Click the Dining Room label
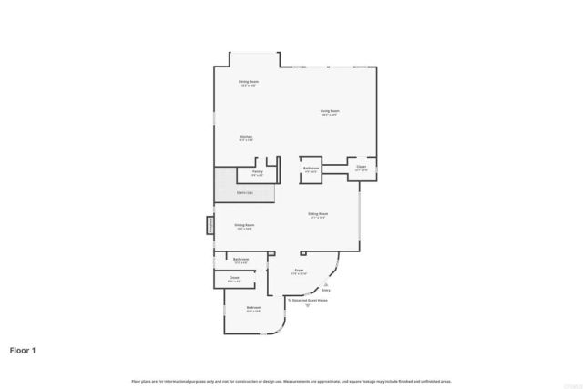tap(249, 83)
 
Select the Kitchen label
tap(246, 138)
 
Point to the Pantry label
tap(257, 171)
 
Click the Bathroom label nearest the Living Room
tap(311, 169)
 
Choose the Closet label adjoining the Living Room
tap(361, 167)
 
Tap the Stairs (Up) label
tap(244, 193)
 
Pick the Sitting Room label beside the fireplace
tap(243, 225)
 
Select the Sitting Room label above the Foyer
tap(318, 216)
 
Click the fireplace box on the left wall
tap(210, 224)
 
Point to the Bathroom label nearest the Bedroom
tap(240, 260)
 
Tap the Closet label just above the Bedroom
tap(233, 278)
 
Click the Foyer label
tap(298, 271)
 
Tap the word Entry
tap(326, 291)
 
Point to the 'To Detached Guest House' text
tap(307, 299)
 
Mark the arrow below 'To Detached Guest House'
tap(307, 305)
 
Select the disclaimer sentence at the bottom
tap(291, 380)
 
